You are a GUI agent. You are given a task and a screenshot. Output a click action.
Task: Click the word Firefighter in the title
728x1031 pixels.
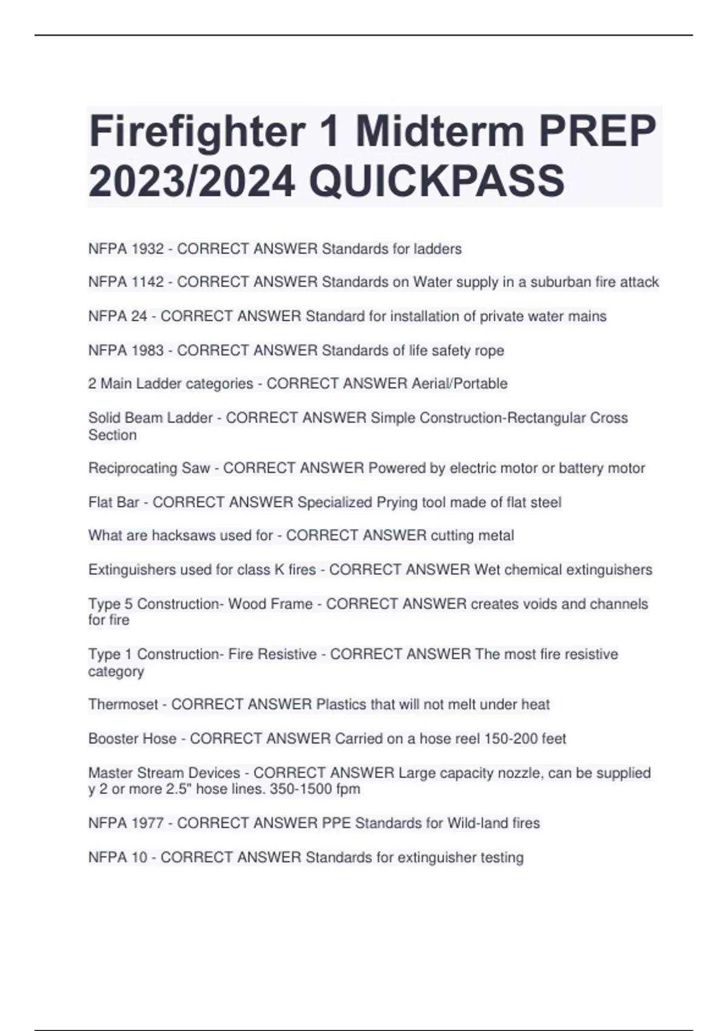coord(197,131)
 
